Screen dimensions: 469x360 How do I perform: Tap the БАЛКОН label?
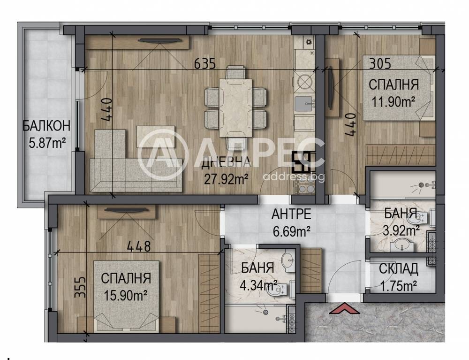tap(46, 126)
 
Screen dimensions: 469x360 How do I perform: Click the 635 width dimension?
tap(205, 63)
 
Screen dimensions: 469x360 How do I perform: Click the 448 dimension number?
tap(138, 246)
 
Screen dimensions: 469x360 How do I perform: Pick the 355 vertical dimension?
tap(80, 287)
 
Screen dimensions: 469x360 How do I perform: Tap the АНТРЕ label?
tap(291, 214)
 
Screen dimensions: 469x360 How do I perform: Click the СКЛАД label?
tap(398, 269)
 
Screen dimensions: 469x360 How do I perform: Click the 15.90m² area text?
tap(126, 296)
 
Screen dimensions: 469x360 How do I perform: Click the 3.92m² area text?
tap(401, 230)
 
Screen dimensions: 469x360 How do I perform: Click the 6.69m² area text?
tap(291, 230)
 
